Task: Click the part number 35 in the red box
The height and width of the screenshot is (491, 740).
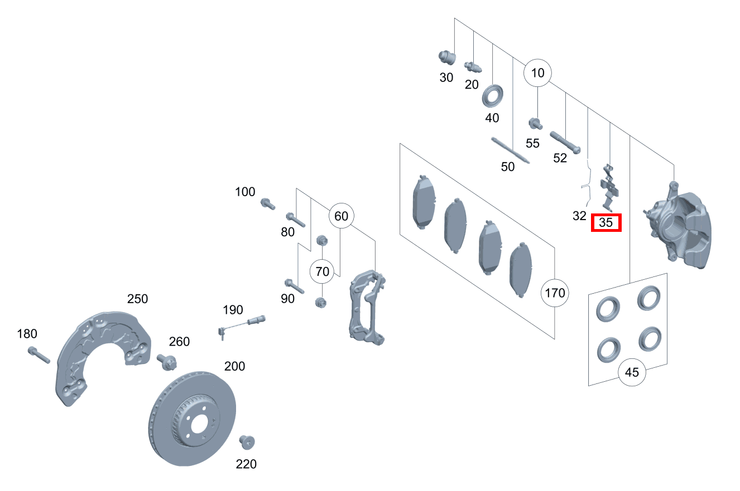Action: (606, 222)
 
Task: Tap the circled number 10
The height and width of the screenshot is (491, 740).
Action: (537, 73)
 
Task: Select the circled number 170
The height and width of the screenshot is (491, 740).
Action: (555, 293)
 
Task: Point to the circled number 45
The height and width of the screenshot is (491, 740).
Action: (632, 372)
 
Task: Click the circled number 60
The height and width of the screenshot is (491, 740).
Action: (341, 216)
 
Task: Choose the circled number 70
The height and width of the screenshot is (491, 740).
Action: (322, 271)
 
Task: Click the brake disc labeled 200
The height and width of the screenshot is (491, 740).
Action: (192, 419)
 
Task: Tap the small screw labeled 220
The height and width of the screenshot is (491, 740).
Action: (247, 442)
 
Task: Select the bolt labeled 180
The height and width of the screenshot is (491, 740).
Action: (39, 354)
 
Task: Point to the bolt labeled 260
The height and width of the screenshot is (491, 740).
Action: (167, 362)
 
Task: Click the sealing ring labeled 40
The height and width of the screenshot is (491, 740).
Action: (492, 96)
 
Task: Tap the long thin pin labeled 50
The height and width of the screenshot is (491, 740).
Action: (511, 150)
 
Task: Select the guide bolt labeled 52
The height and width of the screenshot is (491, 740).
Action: (565, 143)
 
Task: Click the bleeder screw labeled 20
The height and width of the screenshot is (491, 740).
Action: (473, 67)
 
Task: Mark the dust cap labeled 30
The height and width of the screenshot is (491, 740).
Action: (447, 57)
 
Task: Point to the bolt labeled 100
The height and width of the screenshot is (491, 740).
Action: (267, 203)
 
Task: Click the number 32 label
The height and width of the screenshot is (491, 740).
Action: (579, 216)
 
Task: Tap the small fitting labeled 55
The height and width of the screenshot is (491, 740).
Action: (535, 124)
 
